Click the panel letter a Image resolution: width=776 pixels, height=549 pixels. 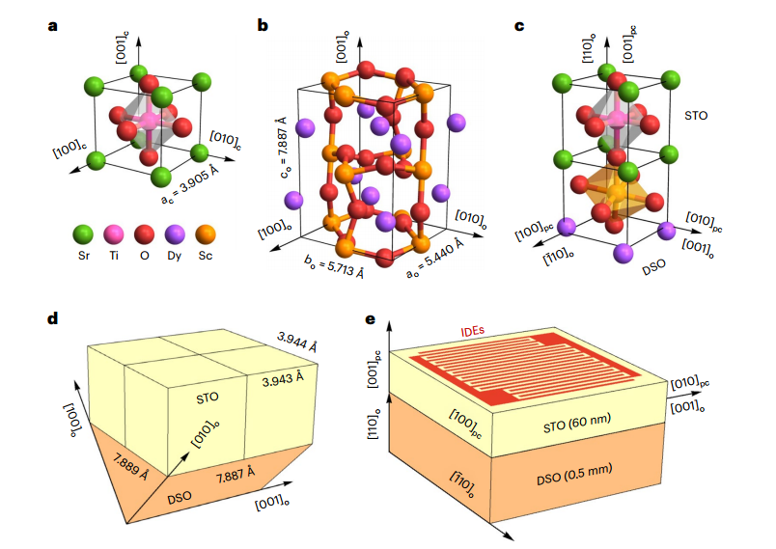point(52,25)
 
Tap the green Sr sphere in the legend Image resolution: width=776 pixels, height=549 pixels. point(83,233)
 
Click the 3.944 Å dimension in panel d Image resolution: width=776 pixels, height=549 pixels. point(298,342)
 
